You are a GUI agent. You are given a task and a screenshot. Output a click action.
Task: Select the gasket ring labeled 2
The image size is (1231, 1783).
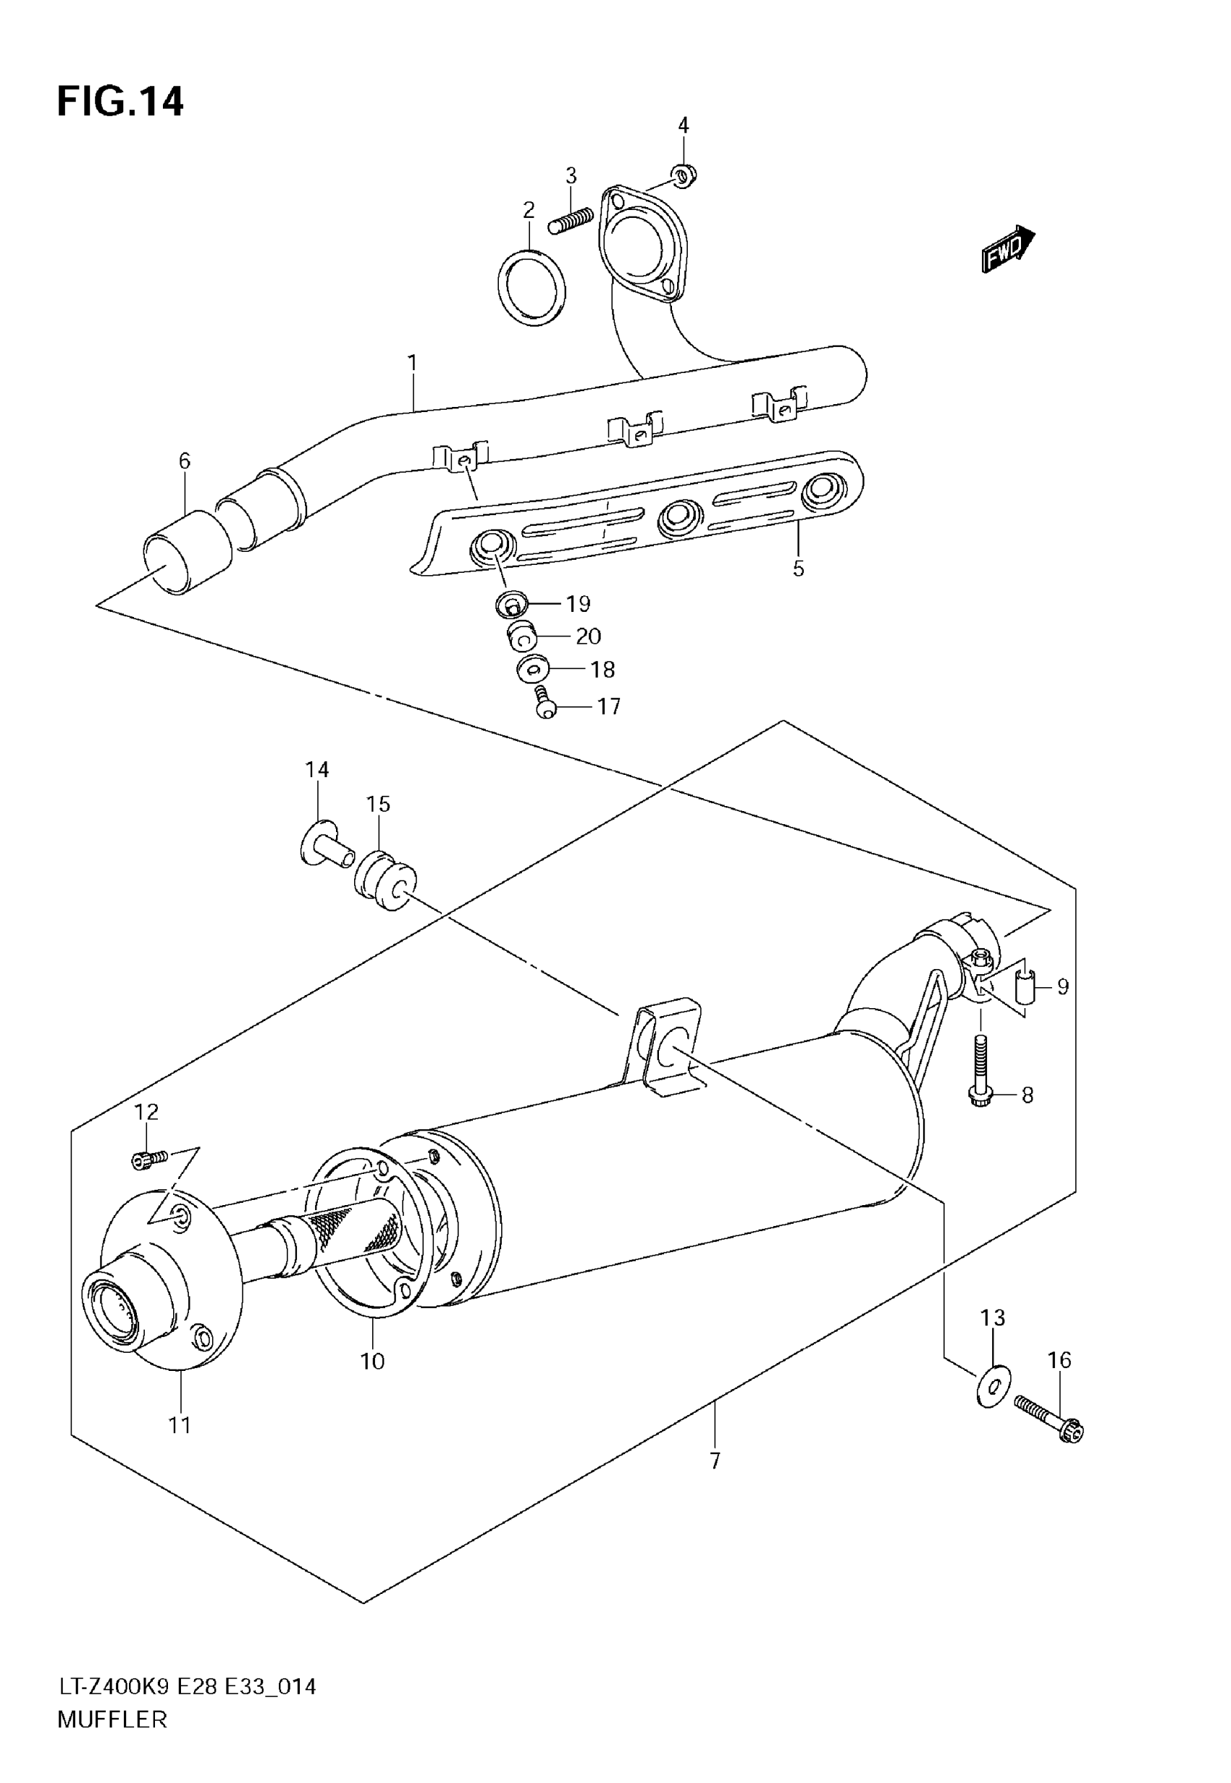coord(532,287)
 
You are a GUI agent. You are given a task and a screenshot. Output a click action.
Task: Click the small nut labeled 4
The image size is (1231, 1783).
coord(684,176)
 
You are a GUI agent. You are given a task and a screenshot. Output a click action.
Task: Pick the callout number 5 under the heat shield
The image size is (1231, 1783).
coord(798,569)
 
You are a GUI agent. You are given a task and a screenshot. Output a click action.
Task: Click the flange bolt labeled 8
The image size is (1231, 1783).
coord(980,1075)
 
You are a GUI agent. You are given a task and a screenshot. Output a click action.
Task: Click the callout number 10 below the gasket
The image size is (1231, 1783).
coord(372,1362)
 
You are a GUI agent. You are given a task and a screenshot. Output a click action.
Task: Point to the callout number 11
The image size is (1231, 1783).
coord(180,1425)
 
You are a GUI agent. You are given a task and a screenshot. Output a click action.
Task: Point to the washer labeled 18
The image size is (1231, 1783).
coord(532,668)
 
